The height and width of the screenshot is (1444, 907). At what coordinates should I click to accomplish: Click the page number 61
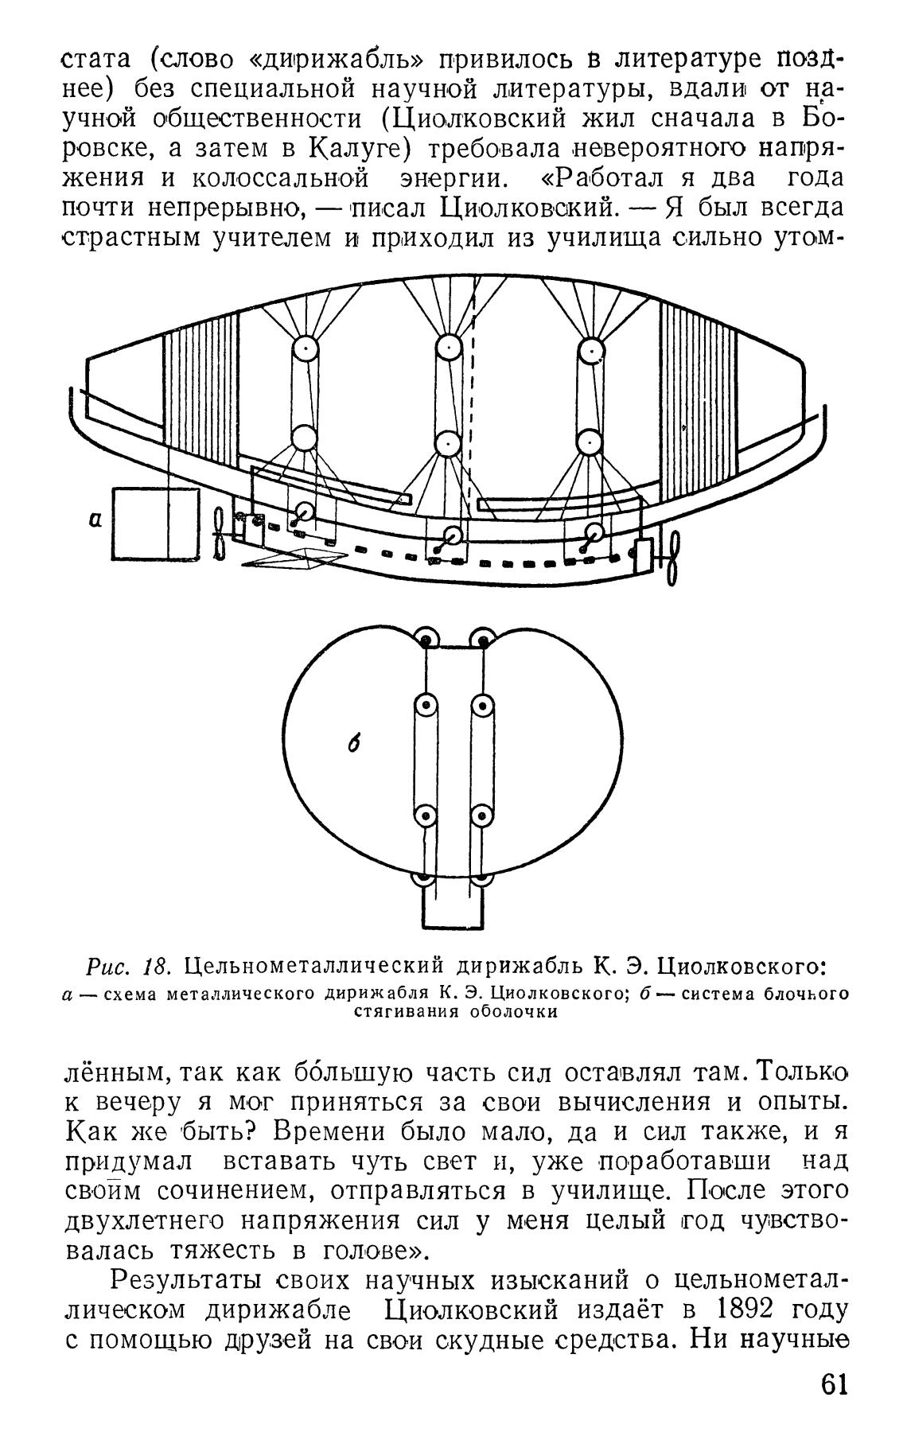(831, 1406)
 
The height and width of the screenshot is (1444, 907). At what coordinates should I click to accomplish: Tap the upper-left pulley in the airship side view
(306, 350)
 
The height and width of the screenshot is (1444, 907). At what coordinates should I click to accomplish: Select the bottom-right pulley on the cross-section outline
(482, 884)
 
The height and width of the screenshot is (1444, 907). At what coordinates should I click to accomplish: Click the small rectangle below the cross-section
(453, 908)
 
